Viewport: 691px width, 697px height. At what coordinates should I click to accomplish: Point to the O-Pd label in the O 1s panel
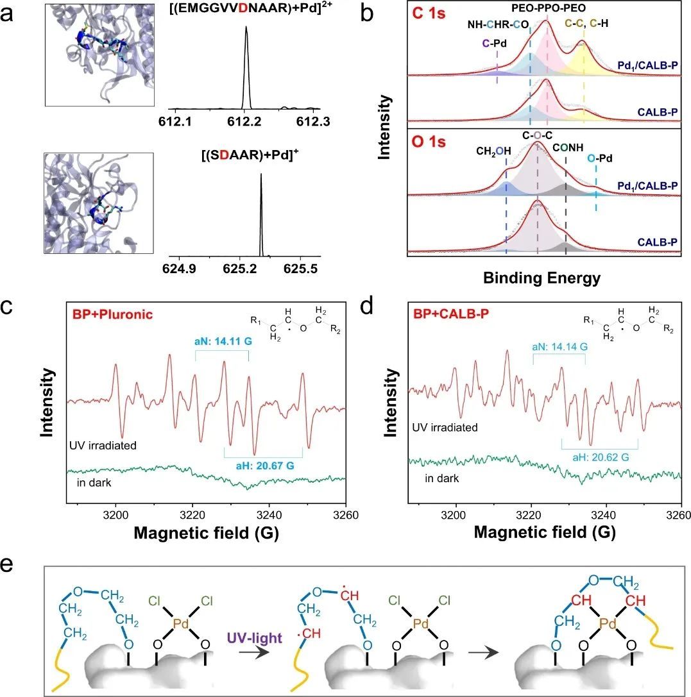point(596,158)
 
